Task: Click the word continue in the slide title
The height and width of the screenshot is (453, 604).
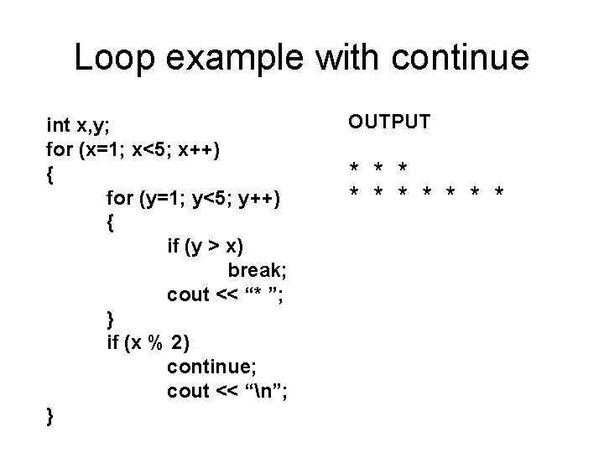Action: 461,58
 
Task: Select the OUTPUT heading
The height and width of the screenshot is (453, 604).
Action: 390,122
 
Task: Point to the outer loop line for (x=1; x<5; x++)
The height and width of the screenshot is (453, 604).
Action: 134,150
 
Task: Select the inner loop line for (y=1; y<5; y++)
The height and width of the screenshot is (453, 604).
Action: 194,199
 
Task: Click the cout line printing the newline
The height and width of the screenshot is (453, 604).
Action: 225,391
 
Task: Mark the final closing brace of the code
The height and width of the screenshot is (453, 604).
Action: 51,415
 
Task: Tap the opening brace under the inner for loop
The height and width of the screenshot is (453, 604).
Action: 112,223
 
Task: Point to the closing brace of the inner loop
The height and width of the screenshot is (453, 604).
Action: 112,319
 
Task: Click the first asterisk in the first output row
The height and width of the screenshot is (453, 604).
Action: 356,167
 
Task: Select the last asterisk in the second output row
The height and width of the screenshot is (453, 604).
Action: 500,194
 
